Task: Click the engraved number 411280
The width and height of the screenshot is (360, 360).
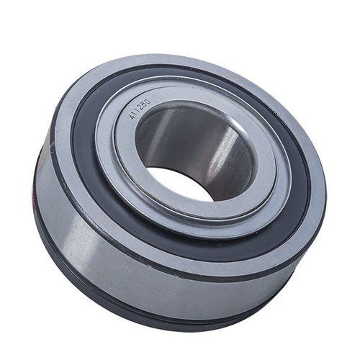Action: (x=140, y=109)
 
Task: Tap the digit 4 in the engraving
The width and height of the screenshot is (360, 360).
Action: (x=132, y=117)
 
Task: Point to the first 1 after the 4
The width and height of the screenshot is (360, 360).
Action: (x=135, y=114)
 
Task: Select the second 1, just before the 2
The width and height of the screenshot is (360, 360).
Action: (x=138, y=111)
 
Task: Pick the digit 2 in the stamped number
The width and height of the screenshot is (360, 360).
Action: (x=140, y=108)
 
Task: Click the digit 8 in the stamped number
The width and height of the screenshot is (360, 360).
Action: (x=144, y=104)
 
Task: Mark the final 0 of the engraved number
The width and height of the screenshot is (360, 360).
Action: (x=148, y=101)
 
